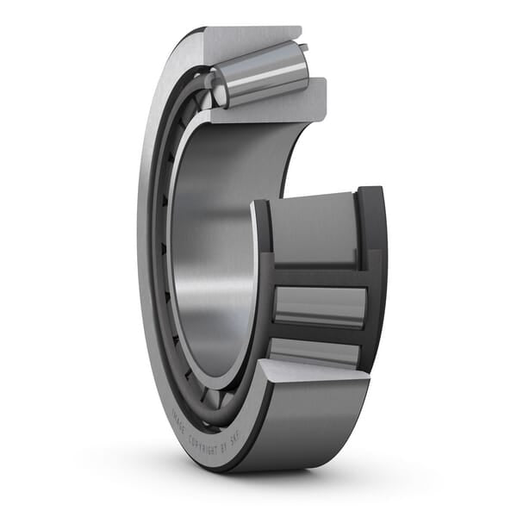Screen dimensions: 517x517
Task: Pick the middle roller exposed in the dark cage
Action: [x=319, y=305]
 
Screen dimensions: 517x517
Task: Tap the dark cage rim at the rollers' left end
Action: [x=262, y=284]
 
